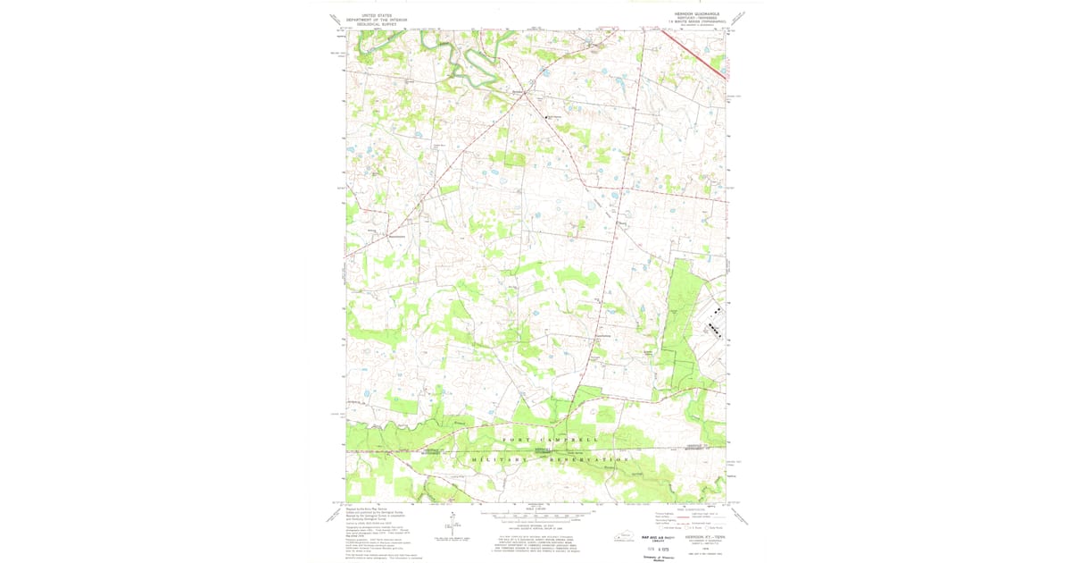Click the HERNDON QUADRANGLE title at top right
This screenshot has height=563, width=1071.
coord(697,14)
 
